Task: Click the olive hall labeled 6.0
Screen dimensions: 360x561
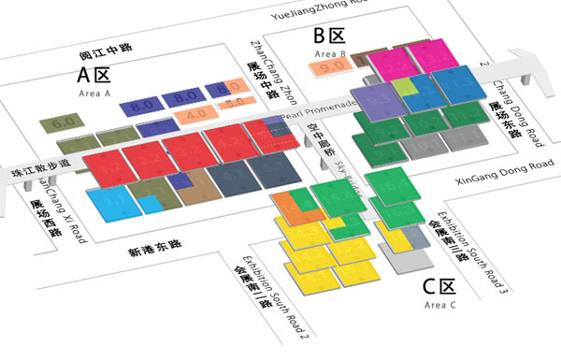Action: (64, 122)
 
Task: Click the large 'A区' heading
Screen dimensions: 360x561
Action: (95, 75)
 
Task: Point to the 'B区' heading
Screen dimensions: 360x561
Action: (329, 36)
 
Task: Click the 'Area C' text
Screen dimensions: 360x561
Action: (439, 305)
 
